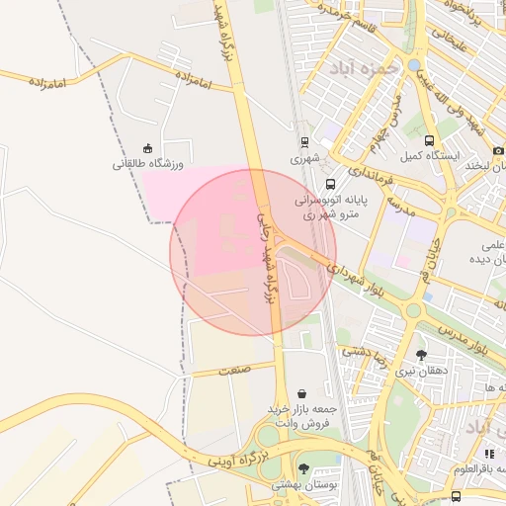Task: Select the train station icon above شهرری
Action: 302,141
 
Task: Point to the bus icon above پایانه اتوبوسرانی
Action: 330,183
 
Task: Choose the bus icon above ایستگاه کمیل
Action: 429,141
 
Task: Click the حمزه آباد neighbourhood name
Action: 372,70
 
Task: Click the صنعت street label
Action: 233,370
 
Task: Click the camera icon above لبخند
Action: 497,150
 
